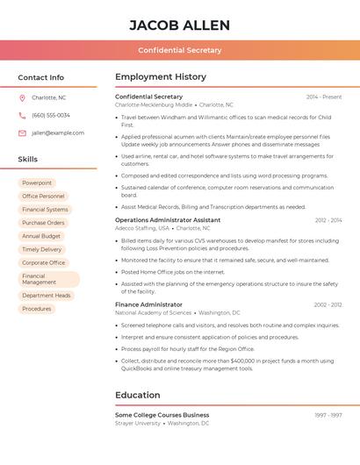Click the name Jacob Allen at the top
pos(179,25)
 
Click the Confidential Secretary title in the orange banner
pos(179,50)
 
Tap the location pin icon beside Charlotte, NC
pos(22,97)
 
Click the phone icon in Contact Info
pos(22,115)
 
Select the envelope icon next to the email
pos(22,132)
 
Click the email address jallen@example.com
pos(58,132)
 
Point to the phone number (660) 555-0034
pos(51,115)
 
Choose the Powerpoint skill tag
pos(37,182)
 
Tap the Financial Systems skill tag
pos(45,210)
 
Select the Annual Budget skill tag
pos(41,236)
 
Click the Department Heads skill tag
pos(47,296)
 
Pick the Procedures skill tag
pos(37,309)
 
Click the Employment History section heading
pos(161,77)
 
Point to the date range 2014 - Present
pos(324,97)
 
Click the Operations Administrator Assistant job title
pos(168,219)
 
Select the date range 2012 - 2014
pos(328,220)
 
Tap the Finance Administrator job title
pos(148,304)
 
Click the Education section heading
pos(137,395)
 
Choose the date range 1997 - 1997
pos(328,415)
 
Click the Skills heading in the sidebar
pos(28,159)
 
